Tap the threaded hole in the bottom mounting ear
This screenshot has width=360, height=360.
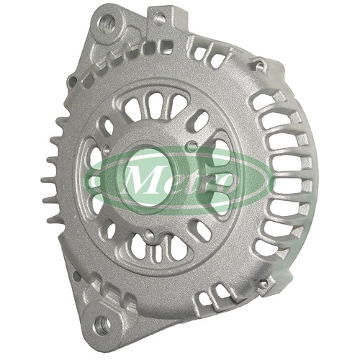(x=103, y=325)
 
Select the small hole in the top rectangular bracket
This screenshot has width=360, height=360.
(x=160, y=17)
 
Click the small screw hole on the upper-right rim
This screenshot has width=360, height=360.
(x=258, y=64)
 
